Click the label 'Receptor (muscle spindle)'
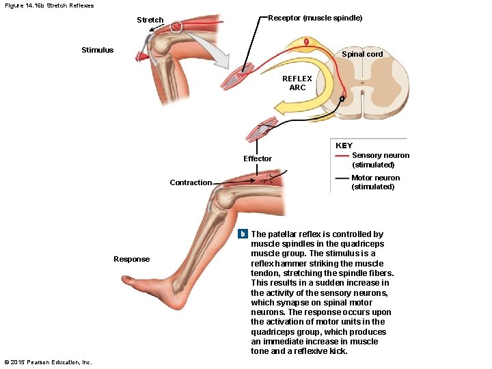(x=315, y=17)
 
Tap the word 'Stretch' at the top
(x=150, y=20)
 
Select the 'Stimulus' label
(x=98, y=50)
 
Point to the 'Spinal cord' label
(x=362, y=54)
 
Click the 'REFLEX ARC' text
(x=297, y=83)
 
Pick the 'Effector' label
(x=258, y=159)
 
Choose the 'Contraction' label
(x=191, y=182)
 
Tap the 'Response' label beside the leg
(x=131, y=259)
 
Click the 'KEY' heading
(x=344, y=146)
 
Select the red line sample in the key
(x=342, y=156)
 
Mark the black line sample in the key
(x=342, y=178)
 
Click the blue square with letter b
(x=242, y=234)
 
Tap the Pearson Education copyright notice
(x=48, y=361)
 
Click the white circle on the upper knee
(x=176, y=27)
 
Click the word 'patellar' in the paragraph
(x=292, y=234)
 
